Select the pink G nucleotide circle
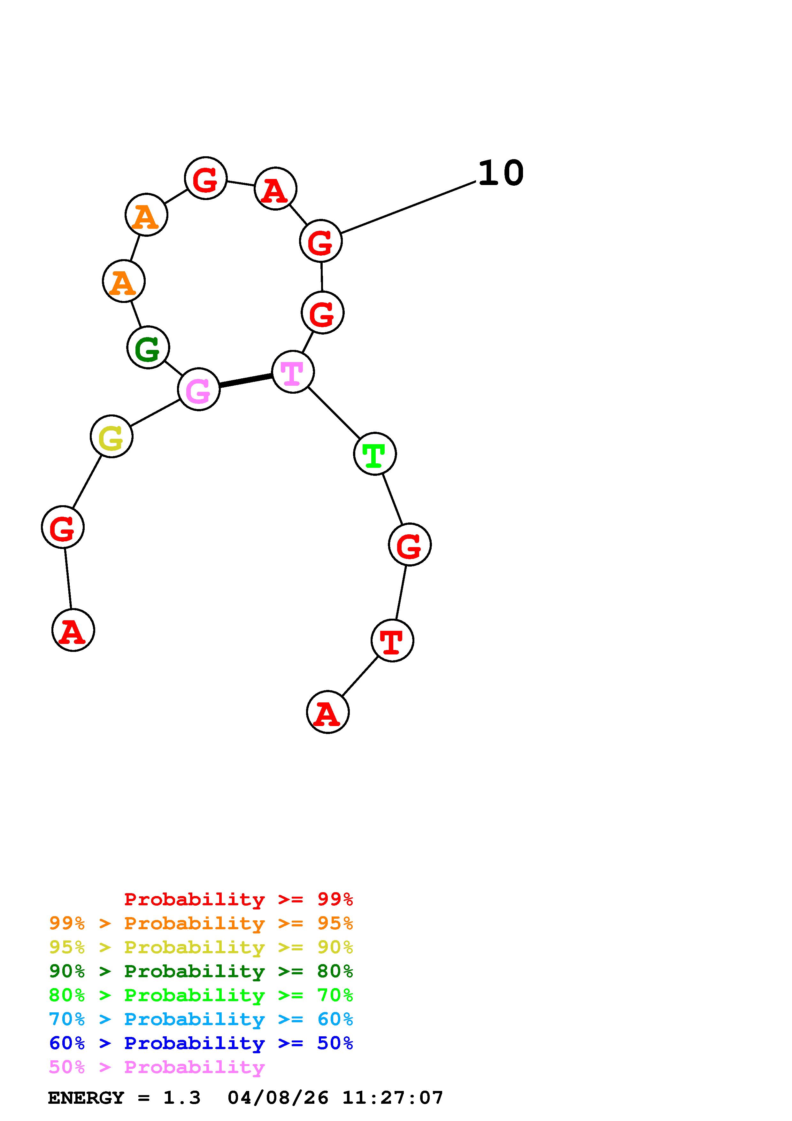199,390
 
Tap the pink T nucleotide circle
292,372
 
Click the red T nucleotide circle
392,641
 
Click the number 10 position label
501,173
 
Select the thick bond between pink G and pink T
245,381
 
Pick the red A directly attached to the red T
327,712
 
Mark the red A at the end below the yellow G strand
73,630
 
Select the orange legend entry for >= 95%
201,923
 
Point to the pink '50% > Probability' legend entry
157,1067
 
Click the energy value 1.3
181,1098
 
